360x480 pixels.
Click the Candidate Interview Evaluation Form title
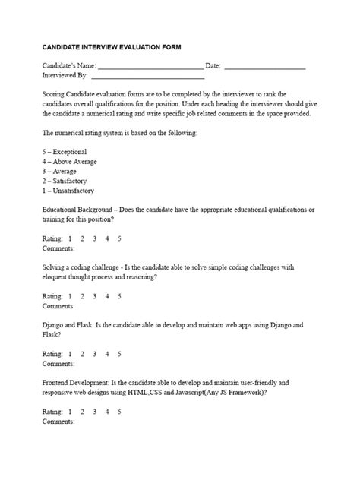[112, 47]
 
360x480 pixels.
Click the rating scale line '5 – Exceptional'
[65, 152]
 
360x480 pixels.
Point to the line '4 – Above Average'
[70, 162]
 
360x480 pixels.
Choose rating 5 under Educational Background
[119, 238]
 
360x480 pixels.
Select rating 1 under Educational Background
[70, 238]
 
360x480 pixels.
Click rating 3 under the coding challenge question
[95, 296]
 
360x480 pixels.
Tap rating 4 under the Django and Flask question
[107, 354]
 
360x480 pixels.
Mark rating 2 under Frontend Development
[82, 412]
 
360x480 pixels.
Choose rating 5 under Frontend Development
[119, 412]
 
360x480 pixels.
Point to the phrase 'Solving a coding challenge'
[81, 267]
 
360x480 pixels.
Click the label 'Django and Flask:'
[68, 325]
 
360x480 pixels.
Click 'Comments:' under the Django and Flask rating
[58, 363]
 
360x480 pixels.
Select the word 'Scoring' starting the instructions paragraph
[55, 94]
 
